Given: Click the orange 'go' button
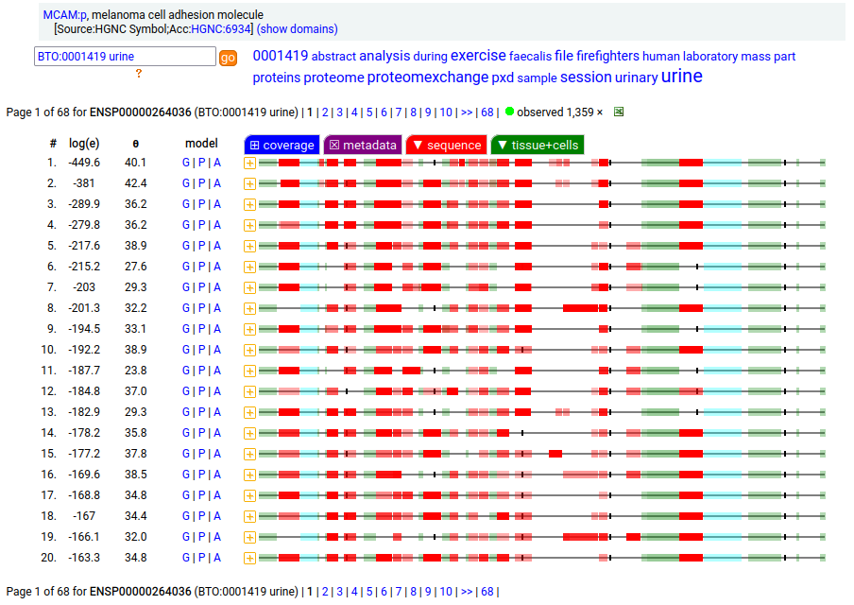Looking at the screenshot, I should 228,58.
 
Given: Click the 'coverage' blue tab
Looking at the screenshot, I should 282,145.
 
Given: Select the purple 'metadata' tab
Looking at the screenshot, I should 363,145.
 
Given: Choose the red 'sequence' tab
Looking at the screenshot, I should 446,145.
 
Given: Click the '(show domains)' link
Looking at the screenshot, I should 297,29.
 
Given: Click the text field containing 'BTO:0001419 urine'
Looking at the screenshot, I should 125,57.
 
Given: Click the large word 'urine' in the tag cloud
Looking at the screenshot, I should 682,76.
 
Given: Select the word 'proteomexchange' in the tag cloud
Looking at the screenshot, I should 428,78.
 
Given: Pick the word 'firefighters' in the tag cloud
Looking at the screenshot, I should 607,56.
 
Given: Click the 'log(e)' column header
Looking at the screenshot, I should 84,144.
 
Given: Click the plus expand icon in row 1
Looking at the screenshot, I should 250,163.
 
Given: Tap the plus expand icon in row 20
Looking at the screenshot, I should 250,558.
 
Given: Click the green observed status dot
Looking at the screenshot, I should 510,112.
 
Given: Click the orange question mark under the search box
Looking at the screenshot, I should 139,74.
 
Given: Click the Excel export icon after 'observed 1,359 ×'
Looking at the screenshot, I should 619,112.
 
